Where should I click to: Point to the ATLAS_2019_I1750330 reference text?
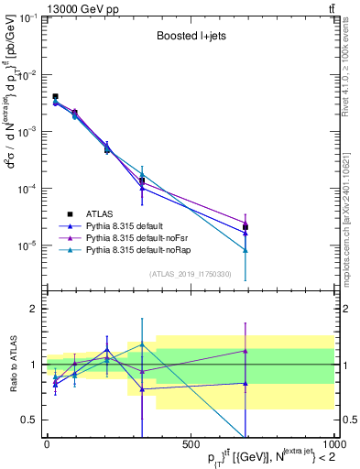(x=191, y=273)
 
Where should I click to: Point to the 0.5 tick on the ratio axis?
(x=31, y=420)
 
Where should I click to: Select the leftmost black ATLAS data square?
(x=55, y=96)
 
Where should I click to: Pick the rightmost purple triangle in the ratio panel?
(x=245, y=351)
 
